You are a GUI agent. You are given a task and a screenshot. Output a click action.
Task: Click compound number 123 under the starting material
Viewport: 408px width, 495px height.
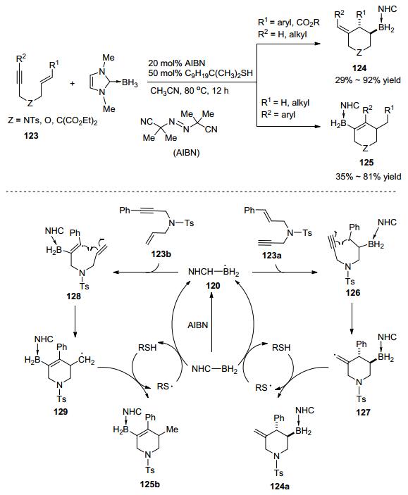point(31,136)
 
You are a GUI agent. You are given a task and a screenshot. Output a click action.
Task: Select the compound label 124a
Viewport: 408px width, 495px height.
point(279,487)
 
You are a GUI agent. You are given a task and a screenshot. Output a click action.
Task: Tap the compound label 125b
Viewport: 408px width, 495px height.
point(150,484)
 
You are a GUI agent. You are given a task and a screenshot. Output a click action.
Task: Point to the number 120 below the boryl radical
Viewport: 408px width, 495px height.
point(213,286)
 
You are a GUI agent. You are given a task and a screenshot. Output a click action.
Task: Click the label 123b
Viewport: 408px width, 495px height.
point(161,253)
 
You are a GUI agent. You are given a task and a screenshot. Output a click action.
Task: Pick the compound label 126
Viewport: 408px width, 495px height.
point(353,293)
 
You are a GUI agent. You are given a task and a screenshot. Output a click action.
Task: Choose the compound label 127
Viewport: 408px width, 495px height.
point(363,412)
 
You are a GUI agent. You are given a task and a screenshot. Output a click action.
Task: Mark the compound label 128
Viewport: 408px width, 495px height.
point(73,296)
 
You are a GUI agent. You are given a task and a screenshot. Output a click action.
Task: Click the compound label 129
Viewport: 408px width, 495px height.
point(61,412)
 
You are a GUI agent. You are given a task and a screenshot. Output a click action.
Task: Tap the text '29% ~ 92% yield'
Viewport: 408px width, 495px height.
point(368,80)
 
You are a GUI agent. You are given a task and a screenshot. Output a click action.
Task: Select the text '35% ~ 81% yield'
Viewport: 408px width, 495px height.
point(368,176)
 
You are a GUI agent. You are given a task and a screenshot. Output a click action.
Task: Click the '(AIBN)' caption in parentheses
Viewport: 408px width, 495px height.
point(186,153)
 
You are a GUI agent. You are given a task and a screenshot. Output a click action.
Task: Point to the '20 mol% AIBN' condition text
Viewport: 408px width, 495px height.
point(177,63)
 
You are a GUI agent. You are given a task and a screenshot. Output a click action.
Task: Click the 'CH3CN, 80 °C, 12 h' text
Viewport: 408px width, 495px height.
point(190,91)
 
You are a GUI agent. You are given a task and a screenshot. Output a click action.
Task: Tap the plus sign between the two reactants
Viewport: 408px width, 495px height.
point(73,84)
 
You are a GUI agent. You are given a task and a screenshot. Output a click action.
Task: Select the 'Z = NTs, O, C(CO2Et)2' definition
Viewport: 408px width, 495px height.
point(52,121)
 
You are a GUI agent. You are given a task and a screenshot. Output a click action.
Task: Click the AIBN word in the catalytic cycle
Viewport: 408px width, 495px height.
point(198,325)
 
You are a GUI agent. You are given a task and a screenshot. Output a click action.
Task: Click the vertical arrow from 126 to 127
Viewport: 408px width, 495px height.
point(352,319)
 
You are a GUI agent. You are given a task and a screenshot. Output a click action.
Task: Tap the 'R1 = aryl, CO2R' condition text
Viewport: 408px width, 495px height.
point(289,22)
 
